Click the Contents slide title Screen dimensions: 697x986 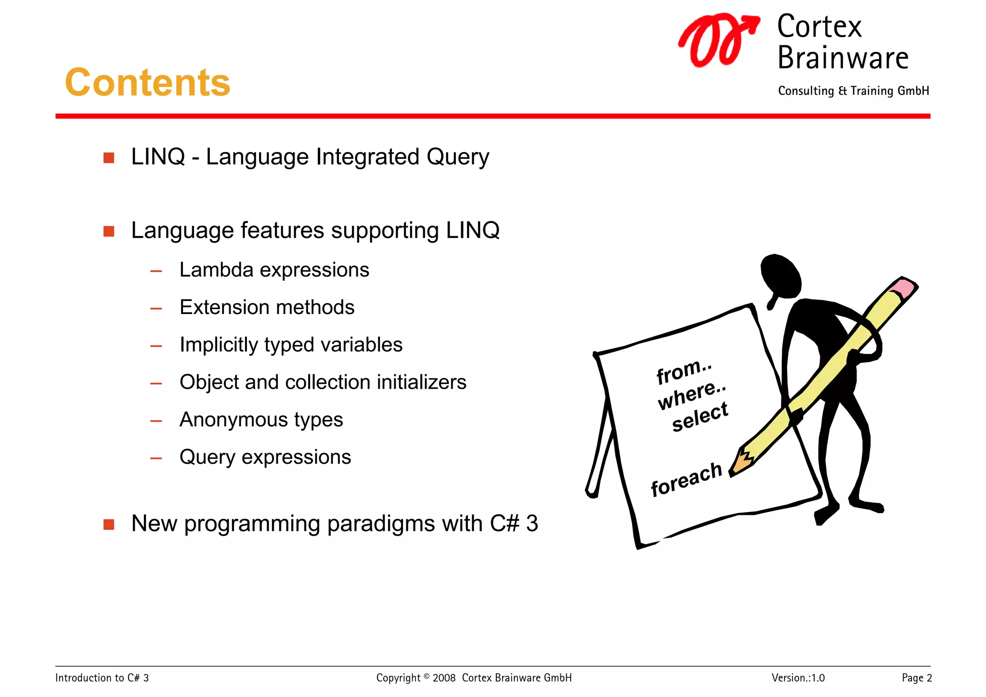pos(148,83)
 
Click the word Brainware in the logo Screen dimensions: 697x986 pos(843,58)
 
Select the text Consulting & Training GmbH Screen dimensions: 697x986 pos(853,91)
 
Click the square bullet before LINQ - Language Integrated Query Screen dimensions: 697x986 pos(109,158)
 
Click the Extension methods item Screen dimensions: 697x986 pos(267,307)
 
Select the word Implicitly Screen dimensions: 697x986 pos(219,345)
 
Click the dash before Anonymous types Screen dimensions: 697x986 pos(156,421)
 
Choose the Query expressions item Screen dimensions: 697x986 pos(265,457)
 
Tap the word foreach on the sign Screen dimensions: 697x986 pos(686,480)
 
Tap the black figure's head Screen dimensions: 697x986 pos(780,276)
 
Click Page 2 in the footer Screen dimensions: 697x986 pos(917,678)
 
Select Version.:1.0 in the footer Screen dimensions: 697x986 pos(798,678)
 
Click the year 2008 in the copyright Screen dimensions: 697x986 pos(444,678)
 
